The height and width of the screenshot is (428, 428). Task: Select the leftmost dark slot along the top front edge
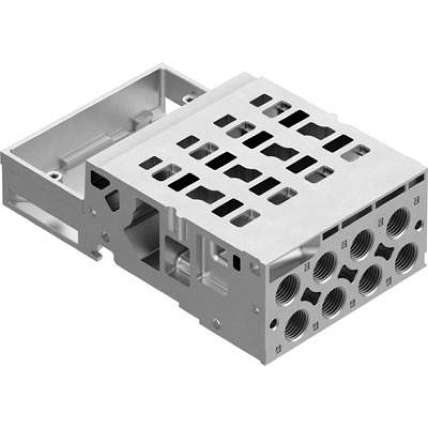(x=331, y=233)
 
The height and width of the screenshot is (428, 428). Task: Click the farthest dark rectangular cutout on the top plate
(x=261, y=100)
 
